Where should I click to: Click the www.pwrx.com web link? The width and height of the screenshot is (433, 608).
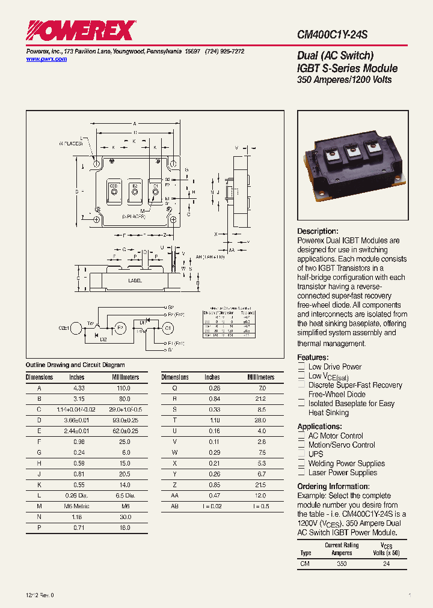click(46, 59)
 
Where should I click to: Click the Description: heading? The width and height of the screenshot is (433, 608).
click(318, 231)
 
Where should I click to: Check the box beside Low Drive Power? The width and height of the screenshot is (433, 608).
click(302, 367)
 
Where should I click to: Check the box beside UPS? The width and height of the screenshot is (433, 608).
click(302, 455)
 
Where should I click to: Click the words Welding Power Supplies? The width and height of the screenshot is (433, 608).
click(346, 463)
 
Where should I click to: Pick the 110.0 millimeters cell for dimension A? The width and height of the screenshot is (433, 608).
click(123, 389)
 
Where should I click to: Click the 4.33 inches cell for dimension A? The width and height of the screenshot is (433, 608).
click(77, 389)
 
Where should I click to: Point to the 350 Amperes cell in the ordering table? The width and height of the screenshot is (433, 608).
click(342, 564)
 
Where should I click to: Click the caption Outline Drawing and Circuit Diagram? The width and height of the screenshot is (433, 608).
click(75, 365)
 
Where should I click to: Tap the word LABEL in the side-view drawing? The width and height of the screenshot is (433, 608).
click(135, 280)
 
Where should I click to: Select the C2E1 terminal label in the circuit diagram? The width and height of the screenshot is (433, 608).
click(64, 327)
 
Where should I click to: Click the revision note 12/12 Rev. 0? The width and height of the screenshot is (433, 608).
click(40, 595)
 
